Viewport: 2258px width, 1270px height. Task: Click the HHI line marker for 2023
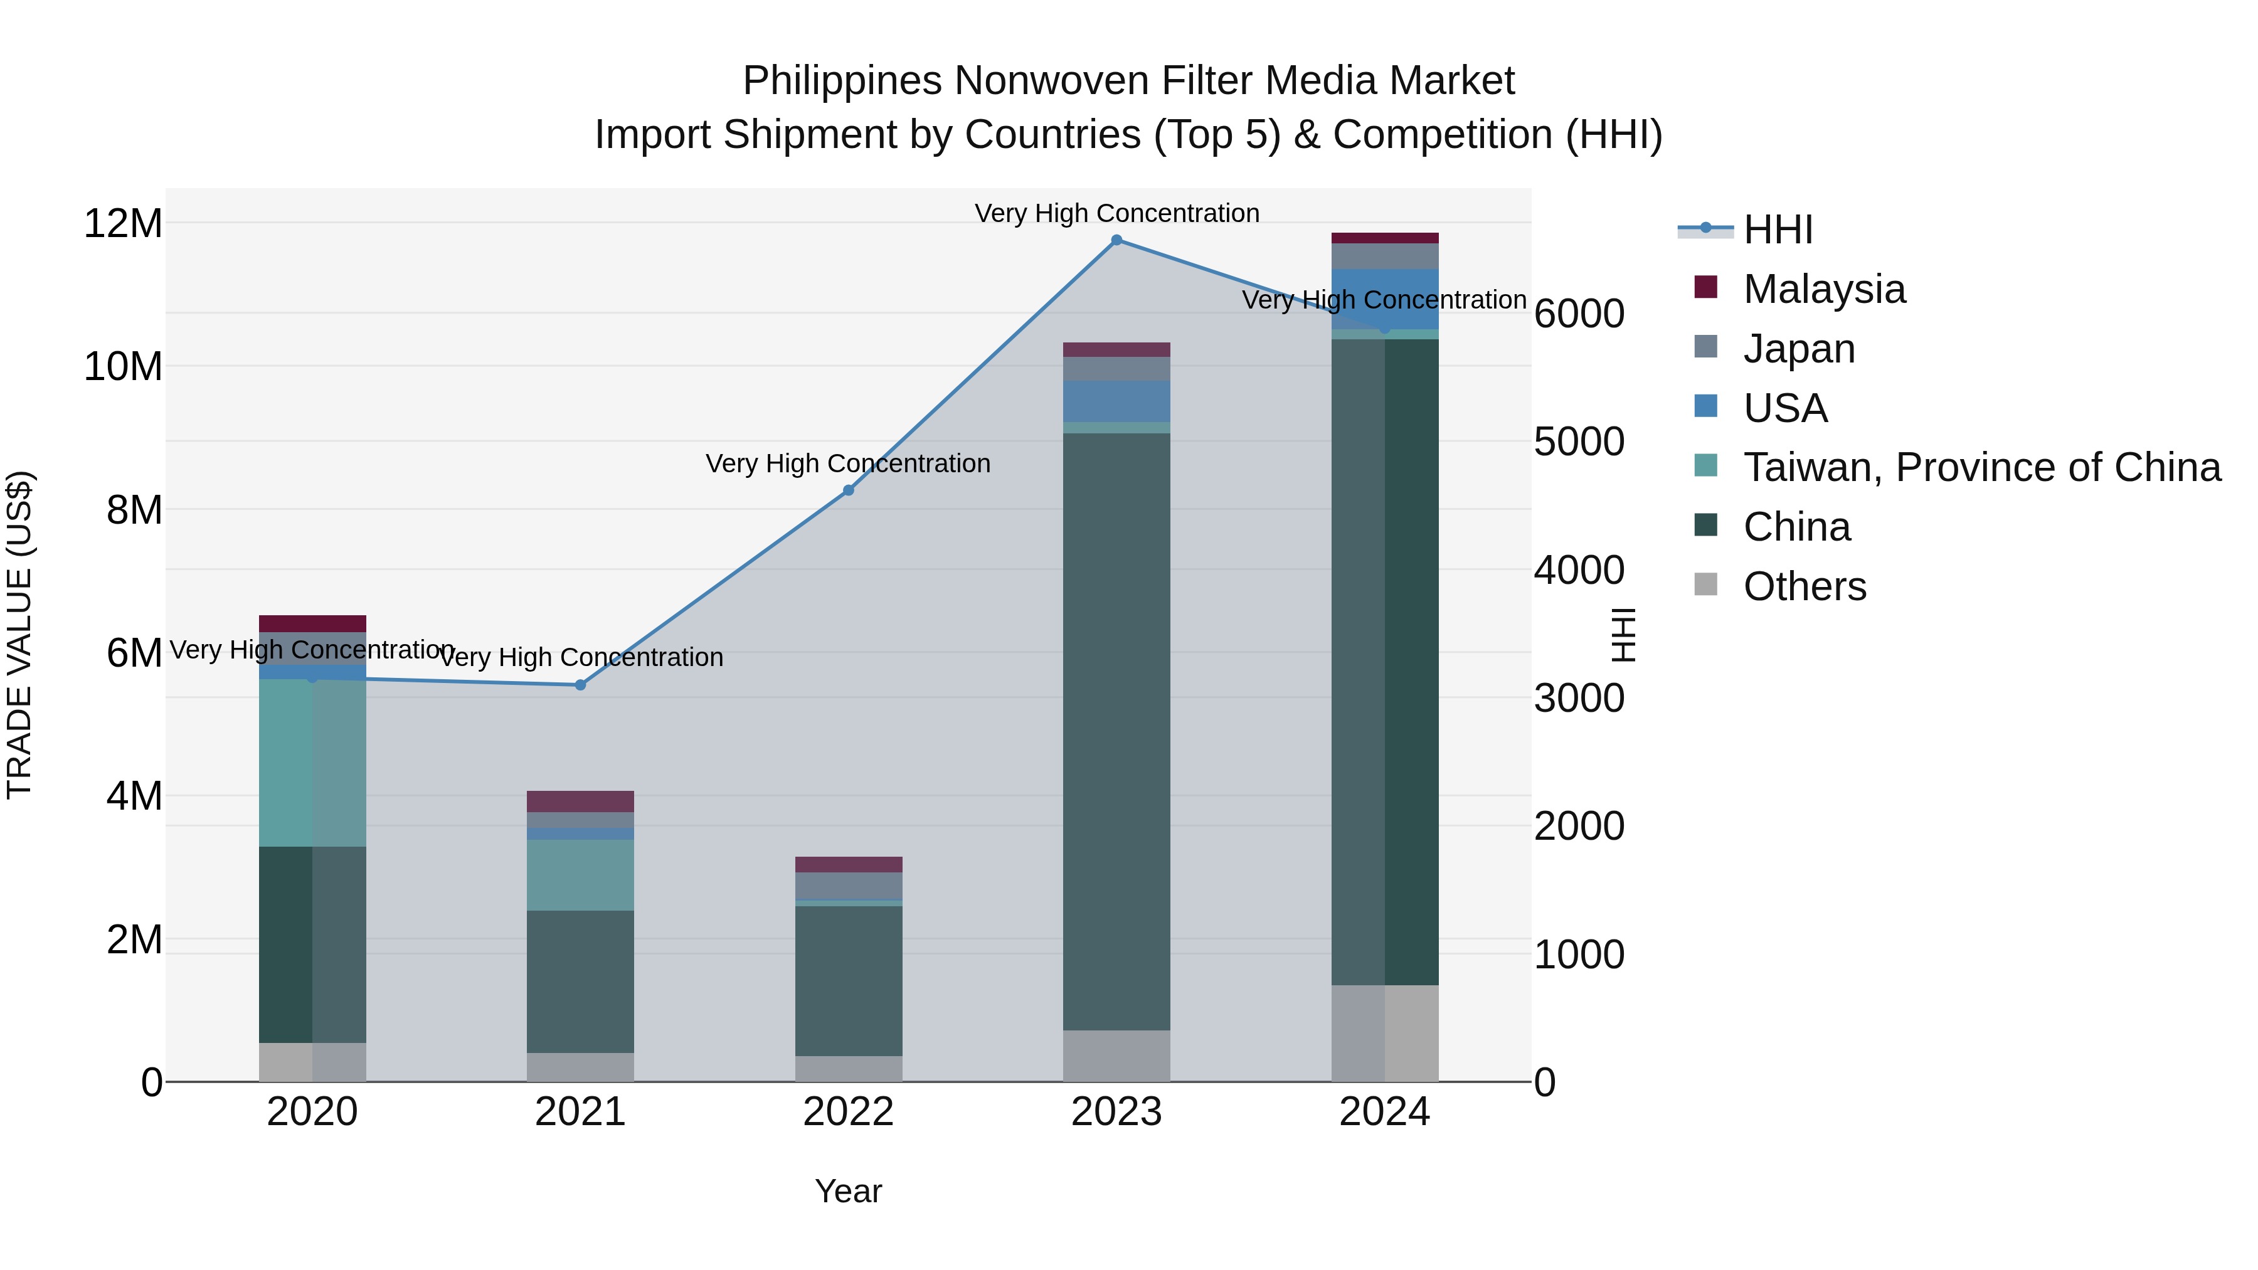(1116, 240)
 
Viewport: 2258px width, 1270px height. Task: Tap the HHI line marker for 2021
(580, 684)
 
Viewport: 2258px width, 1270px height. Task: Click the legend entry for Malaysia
(1823, 289)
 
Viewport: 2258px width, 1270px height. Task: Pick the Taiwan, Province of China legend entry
(1981, 467)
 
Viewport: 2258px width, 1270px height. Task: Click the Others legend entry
(1804, 586)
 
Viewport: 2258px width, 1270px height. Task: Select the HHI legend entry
(1777, 230)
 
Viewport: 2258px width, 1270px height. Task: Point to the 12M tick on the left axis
(123, 223)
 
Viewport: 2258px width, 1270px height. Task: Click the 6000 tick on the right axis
(1579, 314)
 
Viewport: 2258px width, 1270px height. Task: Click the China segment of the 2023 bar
(1116, 728)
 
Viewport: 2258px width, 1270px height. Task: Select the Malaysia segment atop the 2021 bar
(580, 801)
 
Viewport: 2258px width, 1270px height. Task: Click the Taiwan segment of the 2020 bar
(312, 763)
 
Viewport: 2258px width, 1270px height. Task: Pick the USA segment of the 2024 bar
(1384, 298)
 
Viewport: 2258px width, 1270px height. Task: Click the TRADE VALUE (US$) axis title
(19, 635)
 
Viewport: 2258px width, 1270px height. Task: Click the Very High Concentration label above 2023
(1116, 213)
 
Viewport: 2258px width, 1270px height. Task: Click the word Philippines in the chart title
(842, 81)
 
